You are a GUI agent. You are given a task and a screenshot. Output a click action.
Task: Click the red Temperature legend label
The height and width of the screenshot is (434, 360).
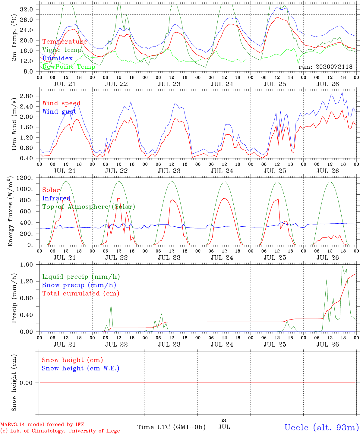(x=65, y=42)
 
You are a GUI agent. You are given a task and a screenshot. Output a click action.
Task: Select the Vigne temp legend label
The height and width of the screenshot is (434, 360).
(x=62, y=50)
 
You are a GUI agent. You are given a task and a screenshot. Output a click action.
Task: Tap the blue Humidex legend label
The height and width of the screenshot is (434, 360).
(x=57, y=58)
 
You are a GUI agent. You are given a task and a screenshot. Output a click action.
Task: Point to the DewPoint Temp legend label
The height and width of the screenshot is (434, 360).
(x=69, y=67)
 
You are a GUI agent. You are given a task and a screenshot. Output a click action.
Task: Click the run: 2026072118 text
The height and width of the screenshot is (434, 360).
(x=325, y=67)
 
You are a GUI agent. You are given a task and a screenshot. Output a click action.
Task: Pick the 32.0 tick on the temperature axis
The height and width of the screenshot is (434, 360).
(x=27, y=9)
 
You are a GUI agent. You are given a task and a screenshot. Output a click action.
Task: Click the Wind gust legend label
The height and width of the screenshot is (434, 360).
(x=59, y=112)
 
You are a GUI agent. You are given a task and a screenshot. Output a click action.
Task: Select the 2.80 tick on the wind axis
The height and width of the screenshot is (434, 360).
(x=27, y=96)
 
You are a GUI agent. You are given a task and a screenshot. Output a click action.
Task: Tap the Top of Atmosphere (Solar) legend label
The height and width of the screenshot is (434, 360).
(x=89, y=207)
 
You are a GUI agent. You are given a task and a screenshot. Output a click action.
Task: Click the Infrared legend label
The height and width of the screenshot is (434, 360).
(x=56, y=198)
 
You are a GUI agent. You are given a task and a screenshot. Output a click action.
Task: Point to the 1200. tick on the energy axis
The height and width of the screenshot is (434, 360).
(x=25, y=178)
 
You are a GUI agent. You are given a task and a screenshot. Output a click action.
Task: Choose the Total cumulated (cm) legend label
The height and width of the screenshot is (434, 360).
(x=81, y=294)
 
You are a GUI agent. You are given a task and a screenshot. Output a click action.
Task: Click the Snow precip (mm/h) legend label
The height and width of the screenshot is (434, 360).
(x=79, y=285)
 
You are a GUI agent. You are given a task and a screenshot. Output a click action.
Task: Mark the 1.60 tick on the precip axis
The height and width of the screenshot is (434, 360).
(x=27, y=265)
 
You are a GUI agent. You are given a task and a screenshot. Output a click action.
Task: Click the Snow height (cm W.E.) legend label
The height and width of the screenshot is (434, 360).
(x=81, y=368)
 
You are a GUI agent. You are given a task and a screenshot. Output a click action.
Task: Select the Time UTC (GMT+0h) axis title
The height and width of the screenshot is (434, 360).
(x=171, y=427)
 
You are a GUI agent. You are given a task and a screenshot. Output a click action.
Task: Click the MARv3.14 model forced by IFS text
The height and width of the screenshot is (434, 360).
(x=42, y=424)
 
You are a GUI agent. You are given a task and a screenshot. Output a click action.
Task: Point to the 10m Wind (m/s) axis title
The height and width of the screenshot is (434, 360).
(x=14, y=124)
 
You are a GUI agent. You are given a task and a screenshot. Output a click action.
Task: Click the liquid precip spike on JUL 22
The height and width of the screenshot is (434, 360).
(x=111, y=304)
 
